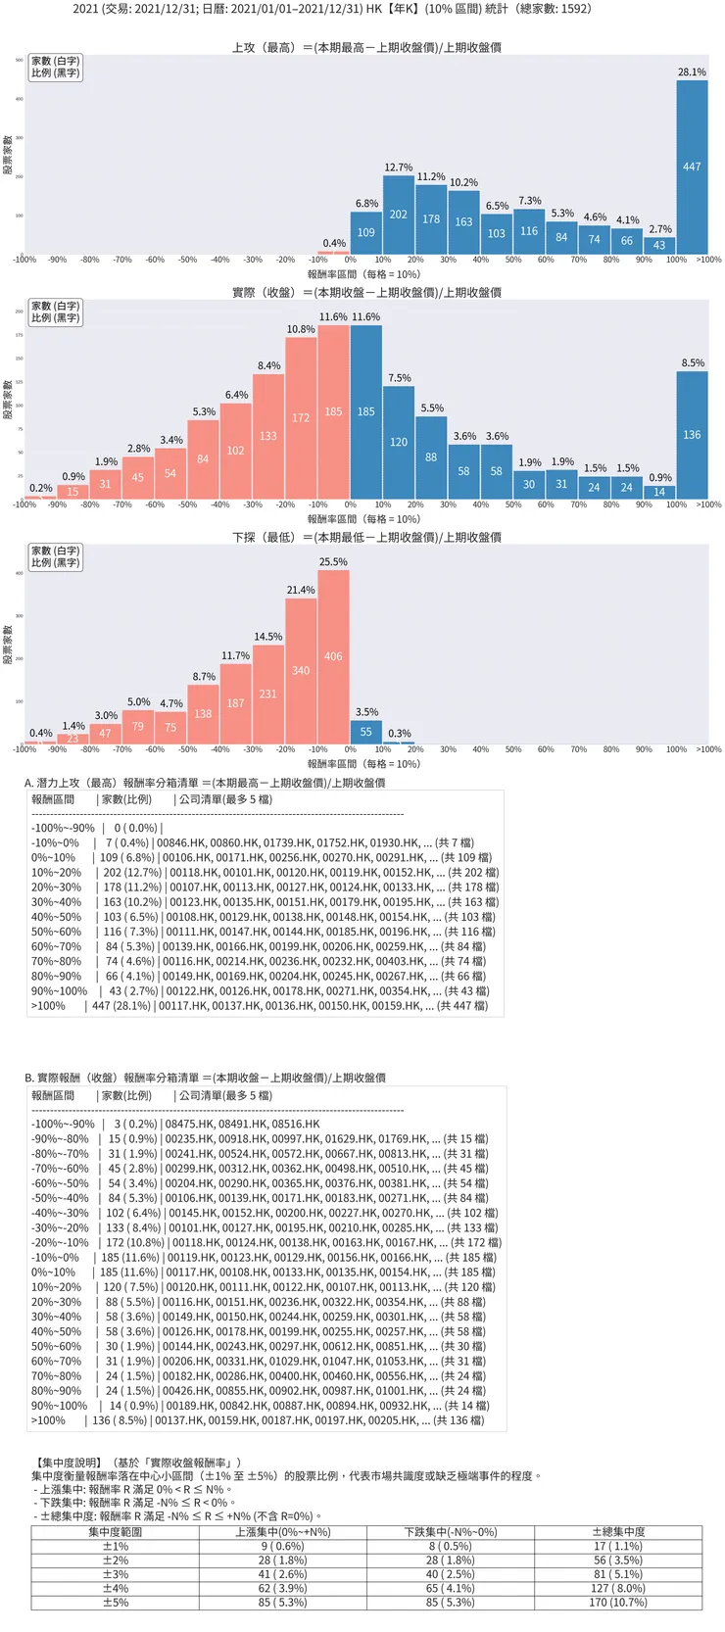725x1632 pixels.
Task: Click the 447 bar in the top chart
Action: pos(692,167)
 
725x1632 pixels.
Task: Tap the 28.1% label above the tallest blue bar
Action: pos(692,72)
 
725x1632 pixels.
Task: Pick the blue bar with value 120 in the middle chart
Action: pos(399,442)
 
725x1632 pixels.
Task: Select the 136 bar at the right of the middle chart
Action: pos(692,435)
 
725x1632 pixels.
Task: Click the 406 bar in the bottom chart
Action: pos(333,656)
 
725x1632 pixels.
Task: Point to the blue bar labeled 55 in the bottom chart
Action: pos(365,732)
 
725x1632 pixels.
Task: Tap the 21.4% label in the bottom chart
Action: pos(301,590)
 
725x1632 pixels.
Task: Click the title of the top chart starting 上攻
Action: pos(366,47)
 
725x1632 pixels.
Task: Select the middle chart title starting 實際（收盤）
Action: pos(366,292)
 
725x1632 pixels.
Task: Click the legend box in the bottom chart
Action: pos(55,556)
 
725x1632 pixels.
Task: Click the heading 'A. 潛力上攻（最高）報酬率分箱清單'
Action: pos(205,783)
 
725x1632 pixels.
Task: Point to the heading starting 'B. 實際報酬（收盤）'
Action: pos(205,1078)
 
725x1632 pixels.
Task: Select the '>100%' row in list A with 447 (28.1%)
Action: pos(260,1005)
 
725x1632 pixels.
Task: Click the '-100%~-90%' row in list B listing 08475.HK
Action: pos(176,1124)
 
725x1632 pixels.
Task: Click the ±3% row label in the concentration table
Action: pos(116,1574)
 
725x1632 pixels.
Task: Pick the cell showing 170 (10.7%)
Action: pos(618,1603)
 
